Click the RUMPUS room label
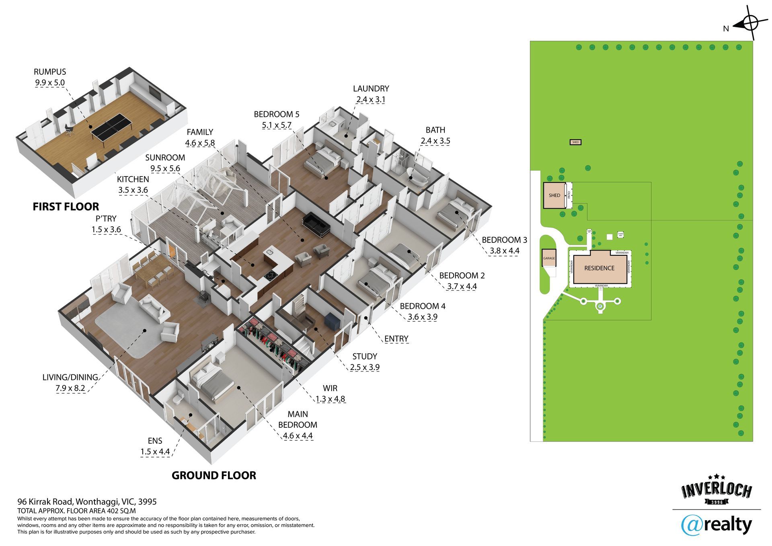click(x=50, y=72)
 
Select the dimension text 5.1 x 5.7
click(x=276, y=125)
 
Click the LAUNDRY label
click(x=371, y=88)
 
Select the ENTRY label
click(x=396, y=339)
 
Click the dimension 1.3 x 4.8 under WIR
click(x=330, y=399)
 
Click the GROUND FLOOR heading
click(x=214, y=475)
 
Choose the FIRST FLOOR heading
click(x=66, y=207)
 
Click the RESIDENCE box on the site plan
click(x=599, y=268)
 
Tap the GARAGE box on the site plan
click(x=549, y=258)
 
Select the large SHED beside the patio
click(x=554, y=195)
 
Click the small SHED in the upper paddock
click(x=575, y=142)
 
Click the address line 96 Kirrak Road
click(x=87, y=502)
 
